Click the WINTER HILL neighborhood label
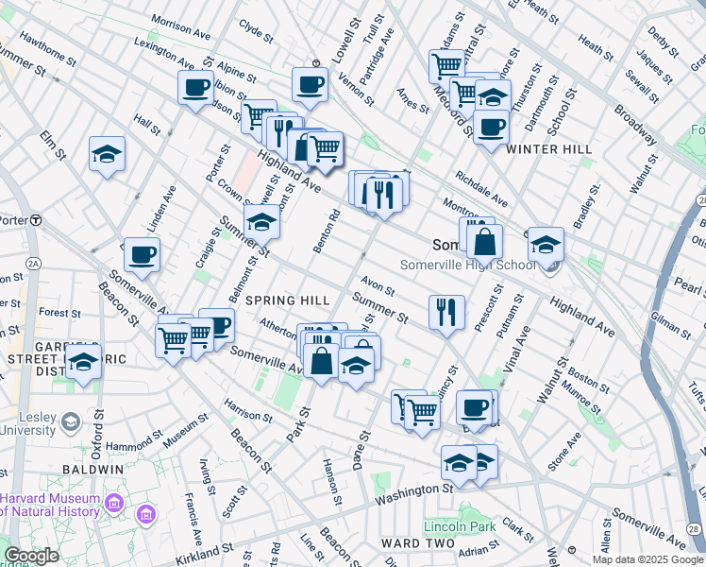pyautogui.click(x=549, y=149)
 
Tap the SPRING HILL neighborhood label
pyautogui.click(x=288, y=301)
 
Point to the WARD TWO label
pyautogui.click(x=418, y=544)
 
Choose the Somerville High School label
pyautogui.click(x=468, y=266)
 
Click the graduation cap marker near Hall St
pyautogui.click(x=108, y=153)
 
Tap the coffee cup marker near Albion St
pyautogui.click(x=195, y=88)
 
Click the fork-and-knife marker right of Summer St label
pyautogui.click(x=446, y=311)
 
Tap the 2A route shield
pyautogui.click(x=34, y=264)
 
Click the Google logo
pyautogui.click(x=31, y=556)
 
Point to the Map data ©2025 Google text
pyautogui.click(x=647, y=559)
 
